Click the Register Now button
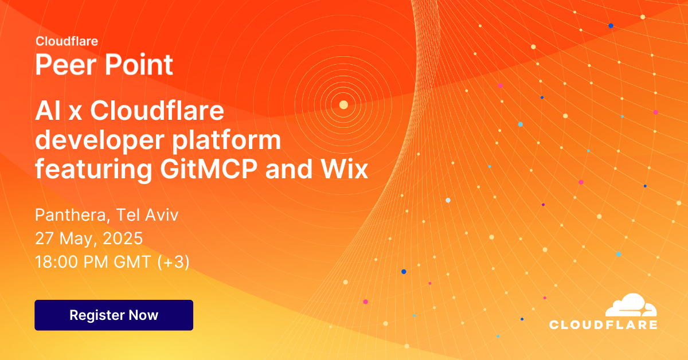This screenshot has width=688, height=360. (x=114, y=315)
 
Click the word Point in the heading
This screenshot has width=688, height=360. (x=138, y=65)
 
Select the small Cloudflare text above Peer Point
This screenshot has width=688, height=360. (x=67, y=41)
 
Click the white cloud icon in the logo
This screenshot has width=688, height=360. (x=631, y=306)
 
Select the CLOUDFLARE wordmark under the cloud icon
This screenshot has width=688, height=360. (x=603, y=325)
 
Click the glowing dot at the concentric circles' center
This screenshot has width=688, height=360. (x=343, y=104)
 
